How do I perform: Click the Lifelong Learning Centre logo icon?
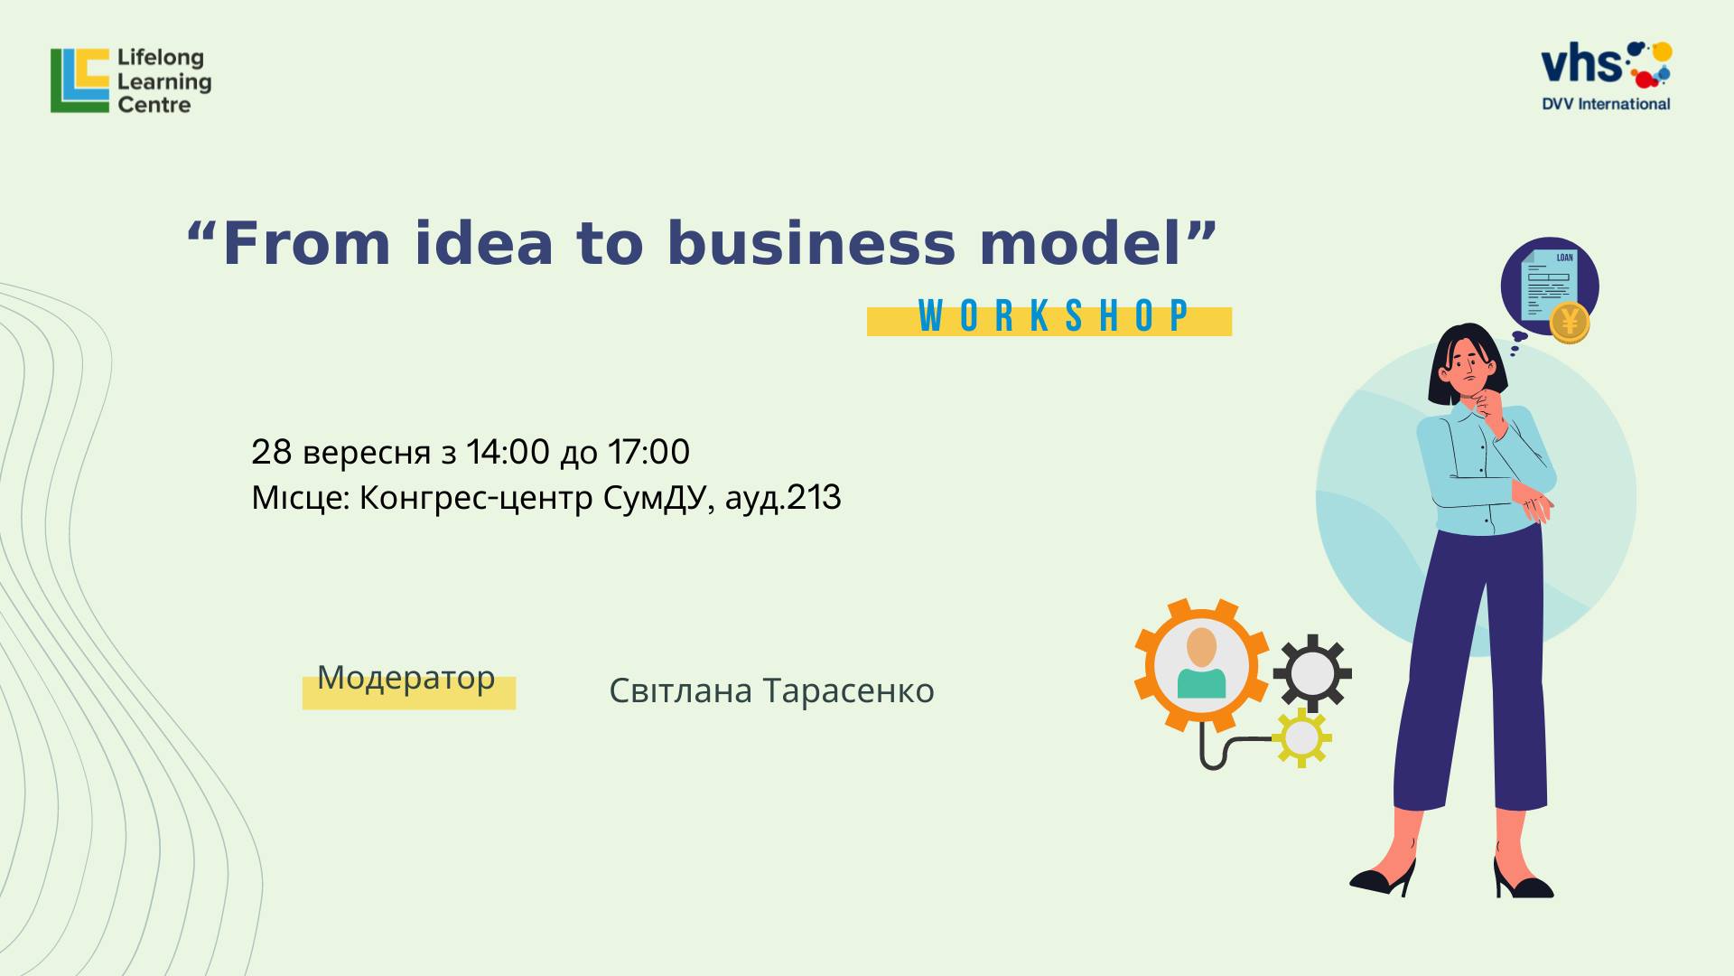pos(79,80)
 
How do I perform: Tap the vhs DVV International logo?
pos(1607,76)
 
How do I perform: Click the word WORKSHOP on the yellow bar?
pos(1053,316)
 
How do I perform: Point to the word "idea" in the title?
pos(484,244)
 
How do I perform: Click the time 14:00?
pos(508,452)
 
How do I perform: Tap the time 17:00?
pos(648,452)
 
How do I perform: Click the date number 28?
pos(272,452)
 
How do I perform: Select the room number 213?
pos(814,498)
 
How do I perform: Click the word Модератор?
pos(406,678)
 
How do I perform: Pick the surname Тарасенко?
pos(849,690)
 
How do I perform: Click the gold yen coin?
pos(1570,322)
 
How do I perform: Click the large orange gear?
pos(1202,665)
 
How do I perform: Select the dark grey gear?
pos(1312,673)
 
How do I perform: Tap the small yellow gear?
pos(1301,737)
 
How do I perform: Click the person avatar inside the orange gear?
pos(1202,664)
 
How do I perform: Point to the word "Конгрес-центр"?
pos(476,498)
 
